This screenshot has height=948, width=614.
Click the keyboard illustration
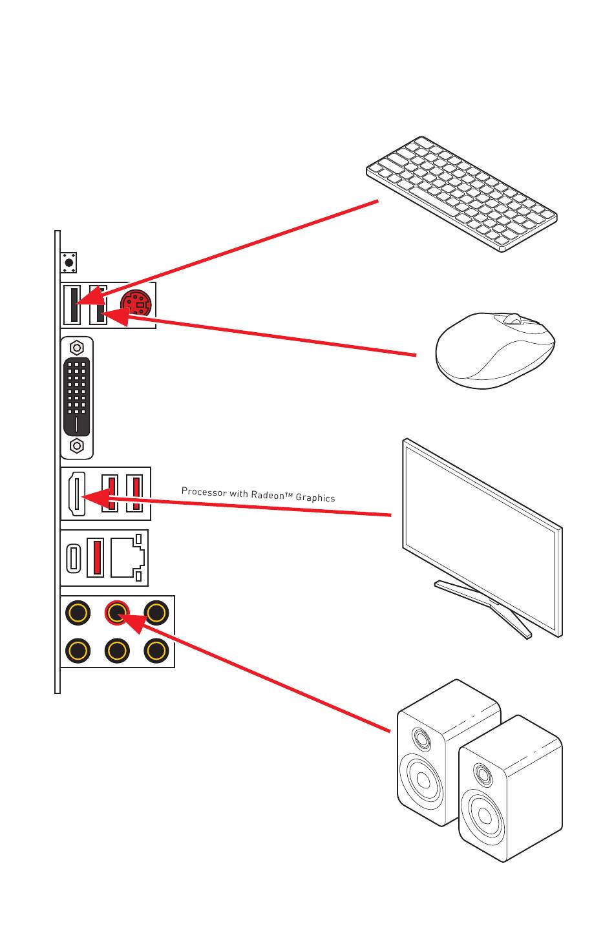(461, 193)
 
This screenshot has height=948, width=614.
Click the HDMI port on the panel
(76, 494)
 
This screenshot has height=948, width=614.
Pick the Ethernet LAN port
(127, 556)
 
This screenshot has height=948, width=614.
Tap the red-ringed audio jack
(117, 611)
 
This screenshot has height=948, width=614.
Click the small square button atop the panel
(69, 263)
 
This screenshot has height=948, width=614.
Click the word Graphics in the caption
(315, 498)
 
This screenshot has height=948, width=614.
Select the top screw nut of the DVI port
(77, 348)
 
